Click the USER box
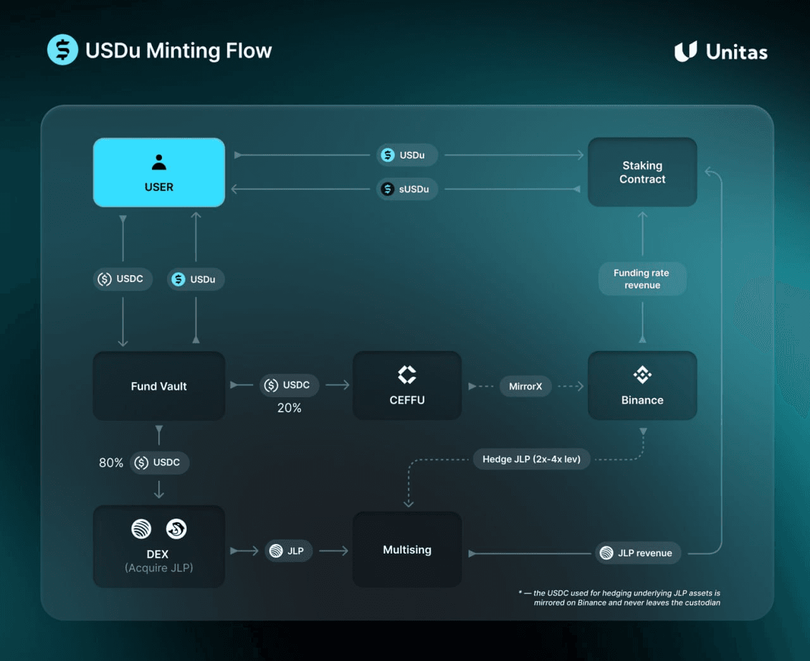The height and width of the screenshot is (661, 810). click(x=159, y=173)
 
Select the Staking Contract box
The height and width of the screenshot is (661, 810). click(x=642, y=172)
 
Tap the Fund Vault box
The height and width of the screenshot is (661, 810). click(x=159, y=386)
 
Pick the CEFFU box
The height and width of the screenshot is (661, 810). click(x=407, y=386)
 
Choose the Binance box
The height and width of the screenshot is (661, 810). click(x=642, y=386)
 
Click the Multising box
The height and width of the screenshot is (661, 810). click(x=407, y=550)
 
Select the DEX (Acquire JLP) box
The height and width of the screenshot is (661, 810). click(x=159, y=547)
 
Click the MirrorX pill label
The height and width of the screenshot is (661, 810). click(x=525, y=386)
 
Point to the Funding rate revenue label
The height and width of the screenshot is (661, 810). click(x=642, y=279)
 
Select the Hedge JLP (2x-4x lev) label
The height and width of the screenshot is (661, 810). click(x=532, y=459)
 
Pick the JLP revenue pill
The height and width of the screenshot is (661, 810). click(x=638, y=553)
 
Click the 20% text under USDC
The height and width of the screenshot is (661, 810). click(x=289, y=408)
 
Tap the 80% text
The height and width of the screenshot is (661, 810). click(x=111, y=463)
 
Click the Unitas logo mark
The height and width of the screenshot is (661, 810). click(x=685, y=52)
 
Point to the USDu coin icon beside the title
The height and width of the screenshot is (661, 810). click(x=63, y=50)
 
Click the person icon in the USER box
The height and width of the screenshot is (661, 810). click(x=159, y=163)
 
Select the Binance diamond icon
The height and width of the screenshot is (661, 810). click(x=642, y=375)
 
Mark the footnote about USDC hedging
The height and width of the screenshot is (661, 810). click(x=620, y=598)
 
